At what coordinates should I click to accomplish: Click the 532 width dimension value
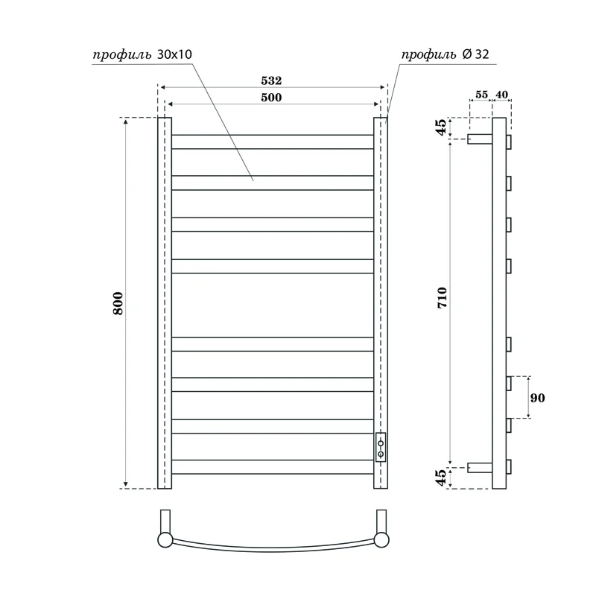tap(271, 80)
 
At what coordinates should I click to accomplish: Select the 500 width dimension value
tap(271, 98)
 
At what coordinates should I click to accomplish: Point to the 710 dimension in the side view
tap(442, 301)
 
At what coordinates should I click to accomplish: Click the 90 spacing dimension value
tap(538, 398)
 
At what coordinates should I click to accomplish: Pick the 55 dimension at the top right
tap(481, 95)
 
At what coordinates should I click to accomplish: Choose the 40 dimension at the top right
tap(501, 95)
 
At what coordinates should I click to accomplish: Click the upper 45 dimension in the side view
tap(442, 127)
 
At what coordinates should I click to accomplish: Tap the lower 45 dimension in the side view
tap(442, 477)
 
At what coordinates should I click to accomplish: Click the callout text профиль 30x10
tap(142, 55)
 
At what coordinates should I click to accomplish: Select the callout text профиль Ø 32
tap(445, 55)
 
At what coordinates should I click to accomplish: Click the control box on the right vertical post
tap(381, 447)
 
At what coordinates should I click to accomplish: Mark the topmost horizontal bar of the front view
tap(273, 142)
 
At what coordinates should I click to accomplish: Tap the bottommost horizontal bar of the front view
tap(273, 467)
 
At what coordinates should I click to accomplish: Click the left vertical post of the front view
tap(165, 302)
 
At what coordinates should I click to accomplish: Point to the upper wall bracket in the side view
tap(480, 139)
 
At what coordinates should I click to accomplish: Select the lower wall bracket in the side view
tap(480, 468)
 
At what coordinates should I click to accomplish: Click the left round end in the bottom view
tap(165, 539)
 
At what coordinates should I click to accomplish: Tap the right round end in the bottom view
tap(381, 539)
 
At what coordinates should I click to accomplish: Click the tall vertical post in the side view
tap(499, 302)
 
